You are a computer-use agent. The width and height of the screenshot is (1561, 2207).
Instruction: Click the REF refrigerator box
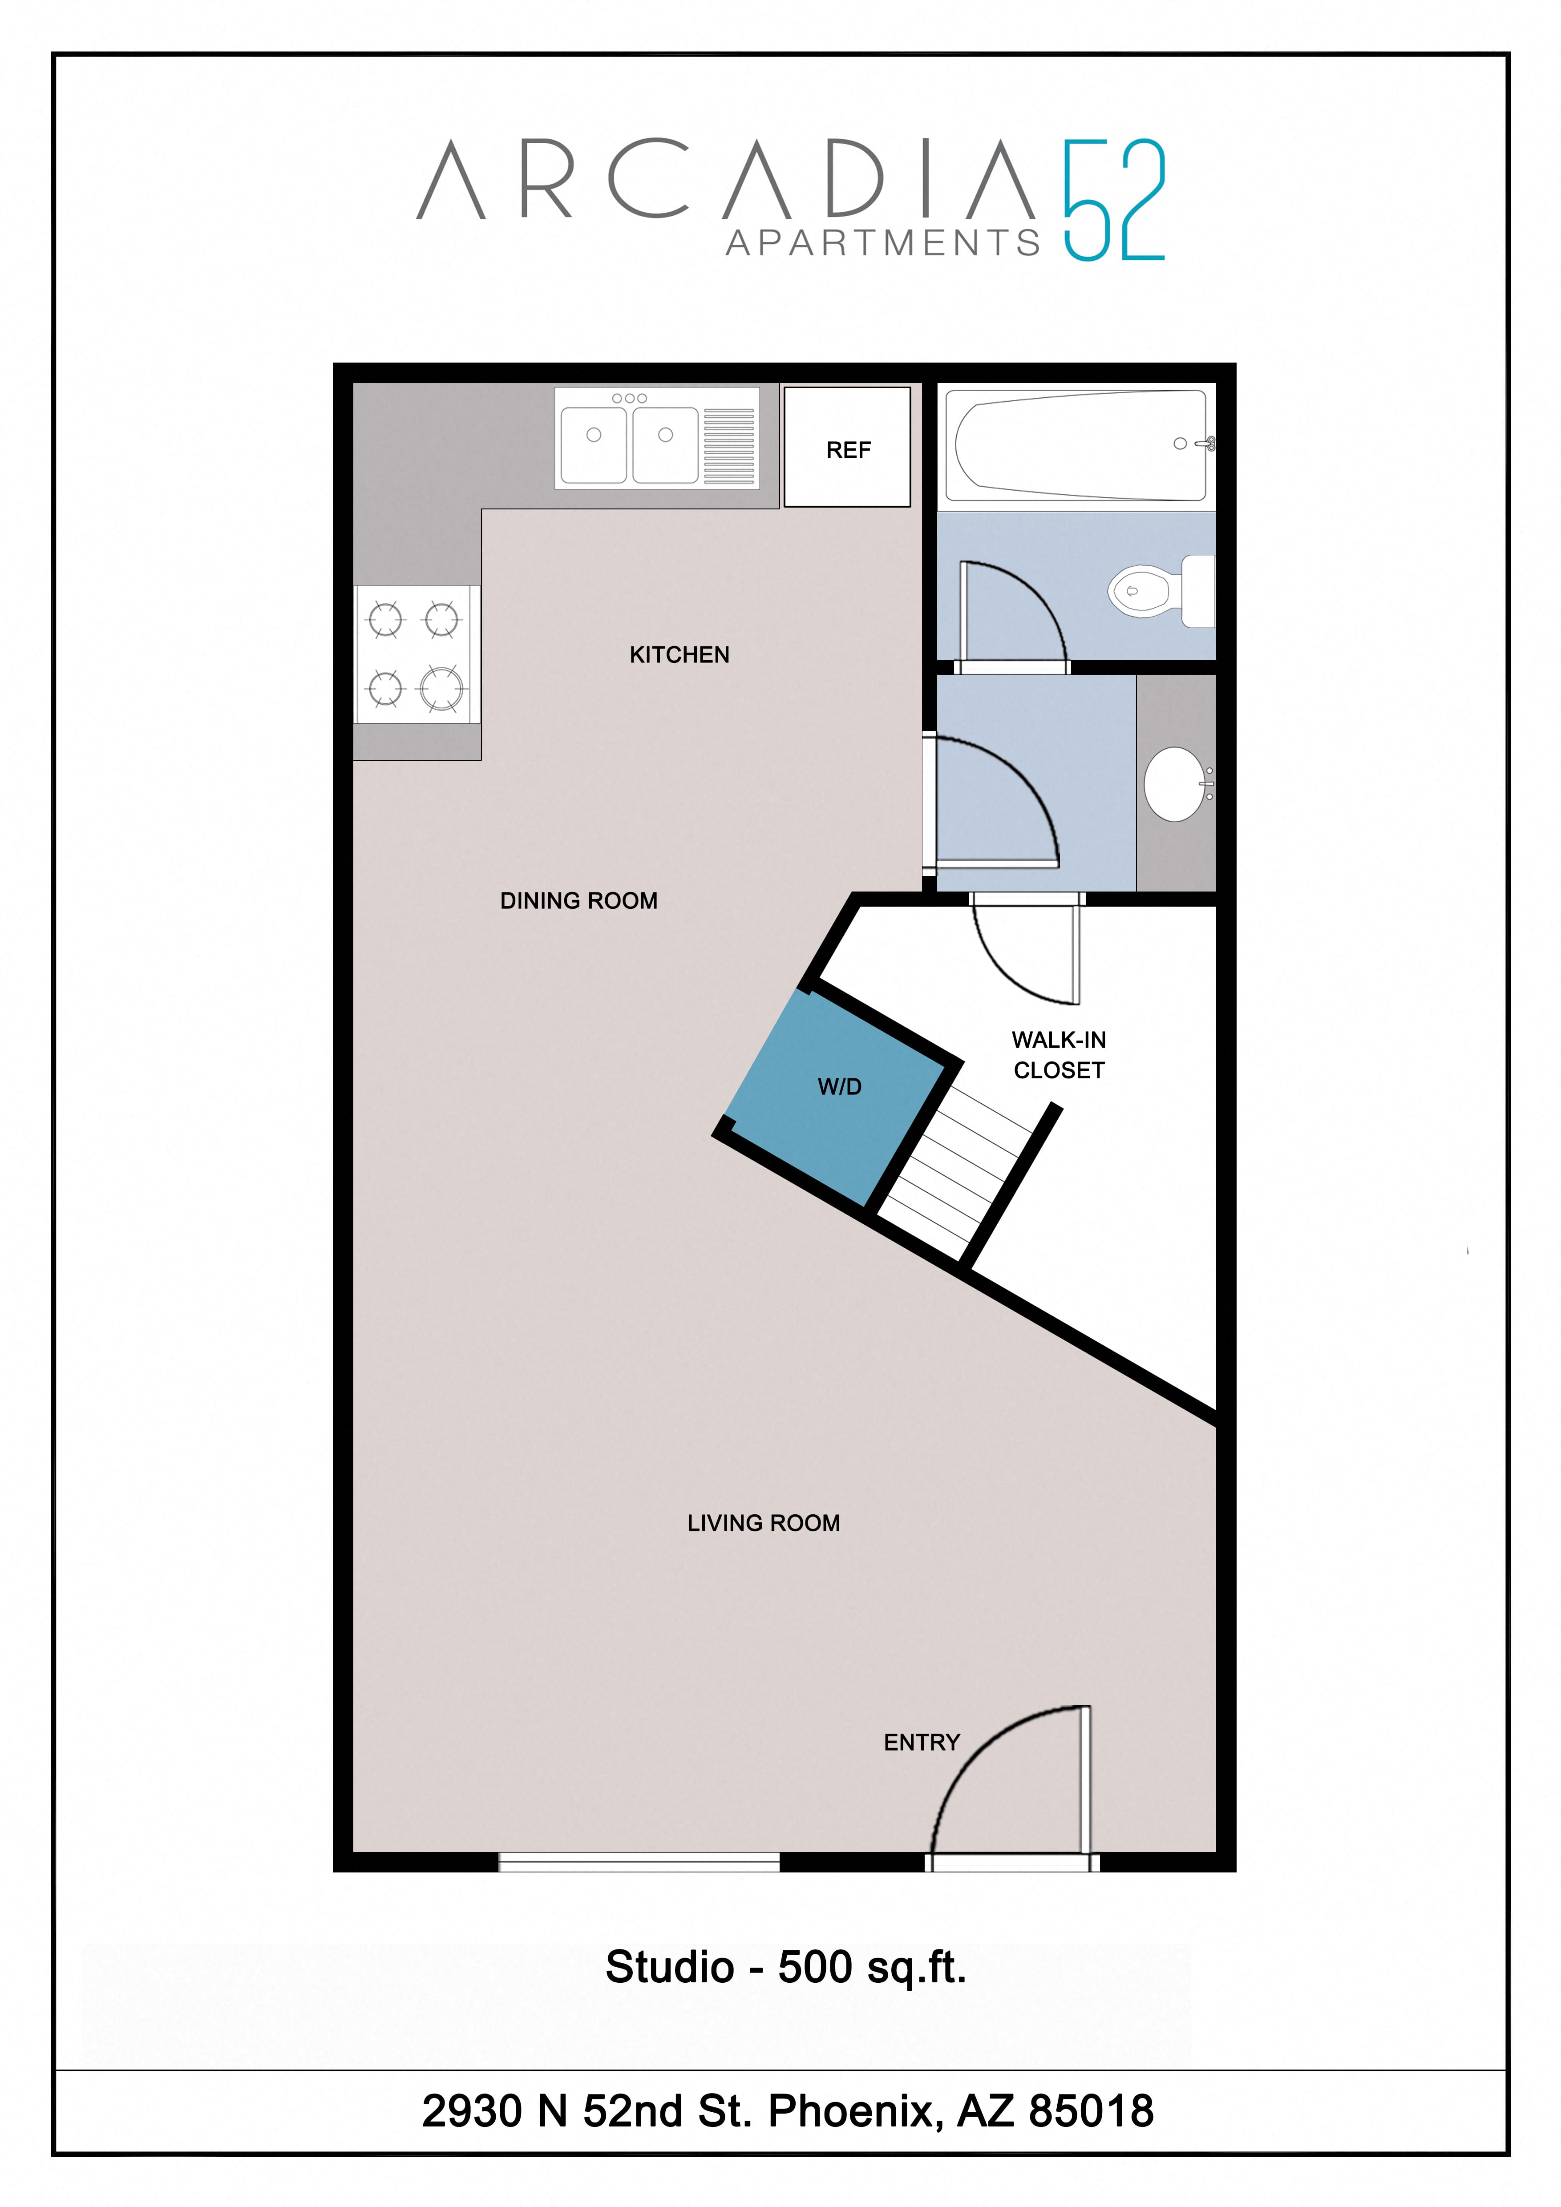pos(847,447)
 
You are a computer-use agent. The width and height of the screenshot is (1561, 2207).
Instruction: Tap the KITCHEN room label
pos(679,654)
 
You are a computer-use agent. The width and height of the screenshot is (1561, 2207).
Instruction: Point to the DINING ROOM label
pos(578,901)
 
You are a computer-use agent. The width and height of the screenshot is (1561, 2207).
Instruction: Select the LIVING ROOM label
pos(763,1523)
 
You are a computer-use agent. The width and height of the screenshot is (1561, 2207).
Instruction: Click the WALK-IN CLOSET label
pos(1058,1054)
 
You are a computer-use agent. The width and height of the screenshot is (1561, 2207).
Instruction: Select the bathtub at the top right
pos(1076,445)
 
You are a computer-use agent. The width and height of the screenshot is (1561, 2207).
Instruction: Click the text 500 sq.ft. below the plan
pos(872,1967)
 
